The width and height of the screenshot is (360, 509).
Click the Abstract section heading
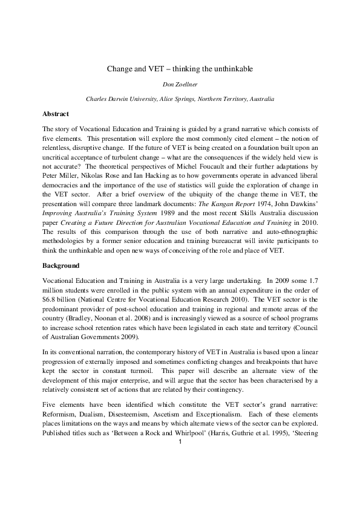(56, 114)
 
